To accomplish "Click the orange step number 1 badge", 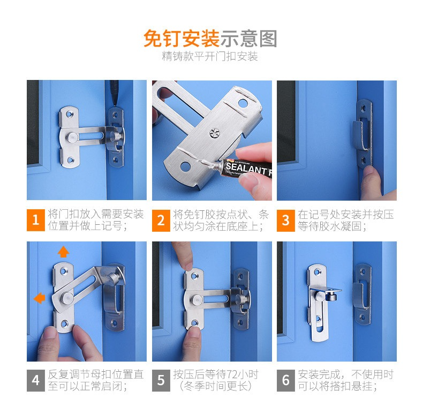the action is point(36,220).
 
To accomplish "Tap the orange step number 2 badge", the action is point(161,220).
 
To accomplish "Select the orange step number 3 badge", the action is point(286,220).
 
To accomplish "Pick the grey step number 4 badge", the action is point(36,380).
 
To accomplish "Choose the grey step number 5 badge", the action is point(161,380).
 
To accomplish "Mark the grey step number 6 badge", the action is point(286,380).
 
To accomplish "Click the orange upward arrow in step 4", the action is point(63,252).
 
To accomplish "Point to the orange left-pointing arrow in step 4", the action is point(40,298).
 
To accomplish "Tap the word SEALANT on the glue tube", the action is point(246,168).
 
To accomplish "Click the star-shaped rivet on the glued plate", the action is point(215,133).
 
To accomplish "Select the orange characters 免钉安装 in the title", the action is point(182,39).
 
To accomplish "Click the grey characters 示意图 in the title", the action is point(249,39).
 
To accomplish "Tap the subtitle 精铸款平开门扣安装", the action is point(210,56).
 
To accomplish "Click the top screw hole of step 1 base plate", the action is point(70,114).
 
